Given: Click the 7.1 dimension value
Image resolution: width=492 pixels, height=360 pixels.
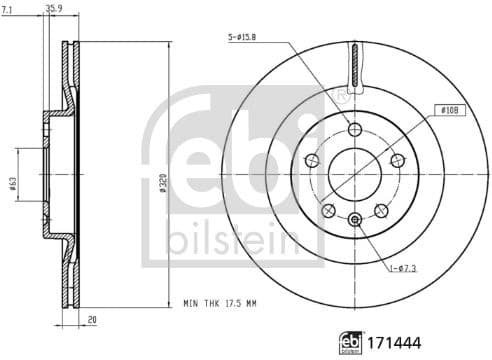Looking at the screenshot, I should coord(9,10).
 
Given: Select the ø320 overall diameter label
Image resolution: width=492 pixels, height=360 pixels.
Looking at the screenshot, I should coord(162,182).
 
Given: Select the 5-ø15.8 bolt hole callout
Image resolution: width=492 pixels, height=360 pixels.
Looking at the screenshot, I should coord(243,39).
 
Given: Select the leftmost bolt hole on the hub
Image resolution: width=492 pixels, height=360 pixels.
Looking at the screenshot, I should coord(309,161).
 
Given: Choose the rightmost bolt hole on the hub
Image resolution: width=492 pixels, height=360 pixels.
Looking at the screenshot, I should coord(398,161).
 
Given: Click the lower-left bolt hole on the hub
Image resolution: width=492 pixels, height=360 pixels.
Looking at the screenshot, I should coord(327,210).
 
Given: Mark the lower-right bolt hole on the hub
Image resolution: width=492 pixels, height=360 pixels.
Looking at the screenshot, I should coord(381,210).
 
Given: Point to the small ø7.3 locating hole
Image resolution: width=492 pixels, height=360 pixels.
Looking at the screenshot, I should coord(354,219).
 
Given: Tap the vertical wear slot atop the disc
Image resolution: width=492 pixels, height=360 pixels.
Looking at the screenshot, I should coord(354,69).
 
